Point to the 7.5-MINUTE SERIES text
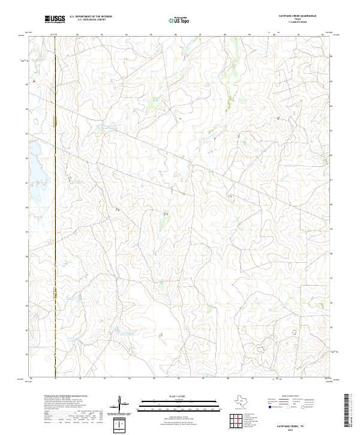pos(298,23)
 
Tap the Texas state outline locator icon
pos(242,400)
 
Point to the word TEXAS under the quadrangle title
pos(298,20)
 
